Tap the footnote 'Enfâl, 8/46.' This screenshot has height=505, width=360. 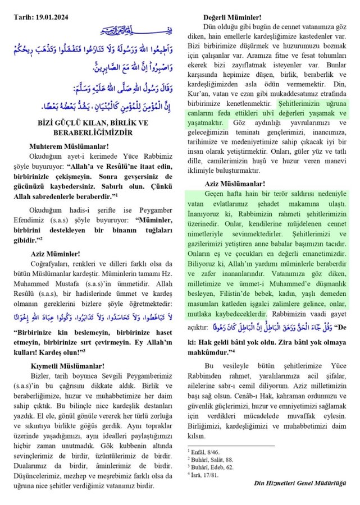point(207,451)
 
